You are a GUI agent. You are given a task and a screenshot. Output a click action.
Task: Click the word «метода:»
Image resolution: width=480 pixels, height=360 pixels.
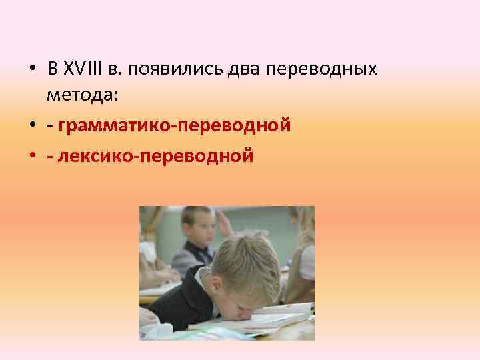[x=83, y=95]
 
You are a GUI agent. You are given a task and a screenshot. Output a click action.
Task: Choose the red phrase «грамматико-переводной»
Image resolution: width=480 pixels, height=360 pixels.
[x=175, y=126]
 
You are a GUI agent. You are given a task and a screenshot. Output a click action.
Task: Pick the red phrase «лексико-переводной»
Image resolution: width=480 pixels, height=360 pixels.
[x=156, y=157]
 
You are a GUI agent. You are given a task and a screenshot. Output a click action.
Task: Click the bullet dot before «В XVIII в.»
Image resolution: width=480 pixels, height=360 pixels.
[x=32, y=69]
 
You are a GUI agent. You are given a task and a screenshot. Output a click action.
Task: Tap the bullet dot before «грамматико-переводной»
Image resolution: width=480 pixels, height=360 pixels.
[x=32, y=126]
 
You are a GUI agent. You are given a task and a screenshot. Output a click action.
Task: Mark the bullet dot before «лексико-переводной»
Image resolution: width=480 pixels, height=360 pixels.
[x=32, y=157]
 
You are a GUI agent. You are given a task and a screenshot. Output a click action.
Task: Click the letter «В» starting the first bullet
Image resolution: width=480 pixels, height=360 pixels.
[x=53, y=69]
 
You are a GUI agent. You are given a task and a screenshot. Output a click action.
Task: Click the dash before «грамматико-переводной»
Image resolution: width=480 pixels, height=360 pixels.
[x=51, y=127]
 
